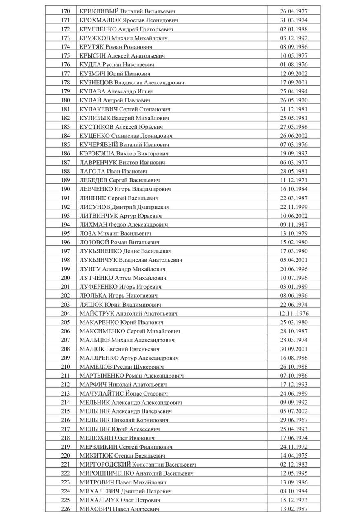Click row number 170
click(65, 11)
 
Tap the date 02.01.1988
click(293, 29)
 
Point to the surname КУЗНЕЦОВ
click(96, 82)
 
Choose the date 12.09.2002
click(293, 74)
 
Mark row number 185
click(65, 145)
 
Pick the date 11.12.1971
click(293, 180)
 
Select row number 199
click(65, 269)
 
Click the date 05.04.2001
click(293, 260)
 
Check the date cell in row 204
click(293, 314)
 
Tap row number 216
click(65, 420)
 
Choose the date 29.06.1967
click(293, 420)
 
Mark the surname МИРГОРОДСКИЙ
click(106, 464)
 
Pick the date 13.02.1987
click(293, 509)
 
